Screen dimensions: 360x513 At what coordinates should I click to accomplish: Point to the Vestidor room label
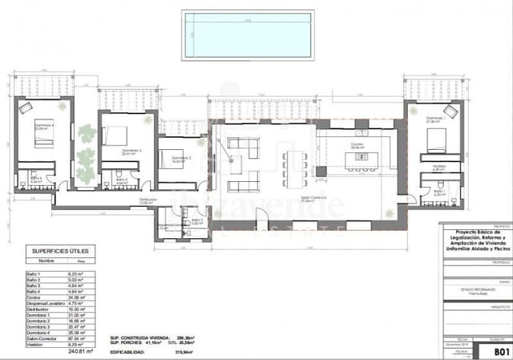click(438, 166)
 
